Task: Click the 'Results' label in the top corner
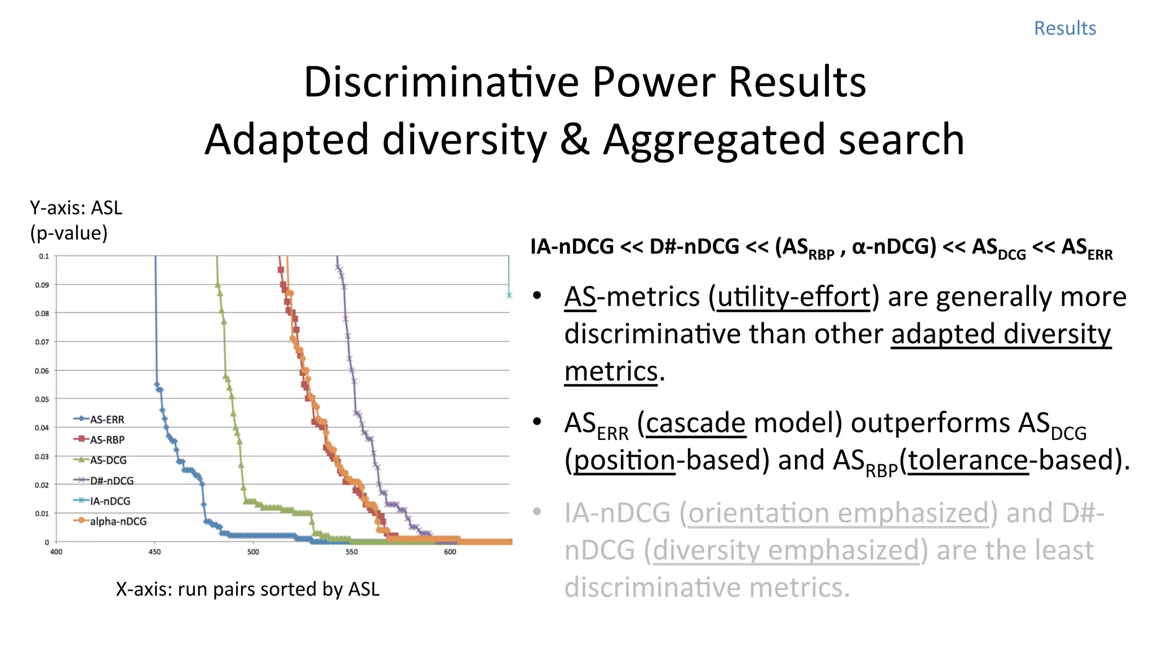(x=1064, y=28)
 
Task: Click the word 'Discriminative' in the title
(x=441, y=82)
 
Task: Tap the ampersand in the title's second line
(x=574, y=140)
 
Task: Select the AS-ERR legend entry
(x=106, y=420)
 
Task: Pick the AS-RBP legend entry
(x=106, y=440)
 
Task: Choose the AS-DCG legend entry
(x=108, y=460)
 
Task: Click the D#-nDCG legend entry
(x=111, y=481)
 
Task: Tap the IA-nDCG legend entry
(x=109, y=501)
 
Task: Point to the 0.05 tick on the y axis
(x=42, y=399)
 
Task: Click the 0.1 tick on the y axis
(x=44, y=256)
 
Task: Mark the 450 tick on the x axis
(x=154, y=552)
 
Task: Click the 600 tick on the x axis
(x=450, y=552)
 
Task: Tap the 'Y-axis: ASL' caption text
(x=76, y=208)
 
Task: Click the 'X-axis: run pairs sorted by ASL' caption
(x=247, y=589)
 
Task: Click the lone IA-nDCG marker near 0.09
(x=509, y=295)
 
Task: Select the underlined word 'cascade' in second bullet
(x=695, y=423)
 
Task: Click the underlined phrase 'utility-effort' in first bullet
(x=794, y=297)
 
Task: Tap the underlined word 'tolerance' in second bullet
(x=968, y=460)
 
